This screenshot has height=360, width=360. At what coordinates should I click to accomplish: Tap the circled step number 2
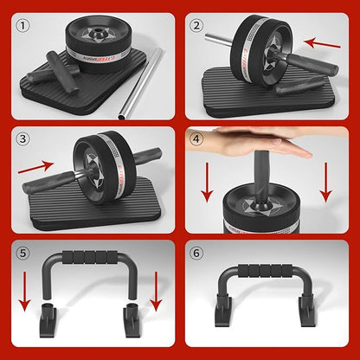point(197,25)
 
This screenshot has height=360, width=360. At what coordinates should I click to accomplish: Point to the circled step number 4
point(197,138)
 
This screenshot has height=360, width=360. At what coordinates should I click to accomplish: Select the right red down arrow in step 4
point(326,181)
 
